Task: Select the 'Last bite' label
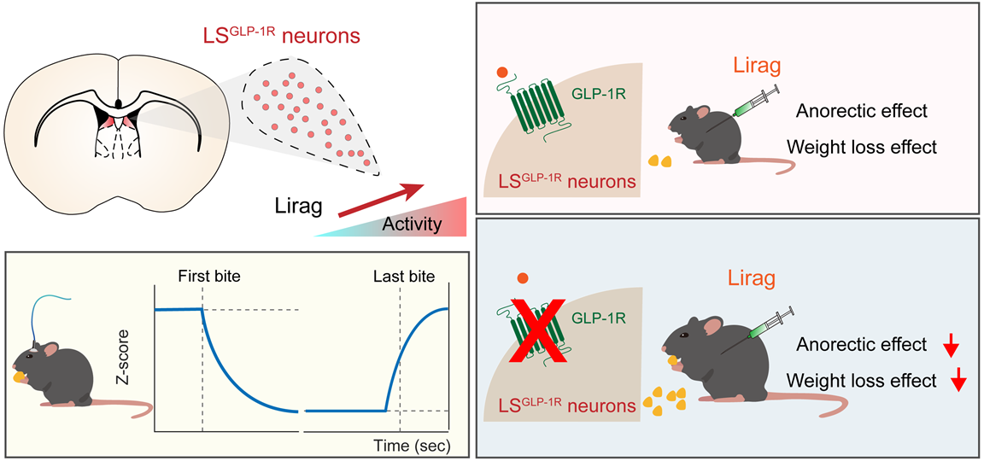[x=404, y=277]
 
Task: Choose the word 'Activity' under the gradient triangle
[x=413, y=225]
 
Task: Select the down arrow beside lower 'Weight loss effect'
[x=958, y=381]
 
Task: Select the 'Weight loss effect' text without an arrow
[x=862, y=147]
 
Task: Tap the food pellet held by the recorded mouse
[x=20, y=373]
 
